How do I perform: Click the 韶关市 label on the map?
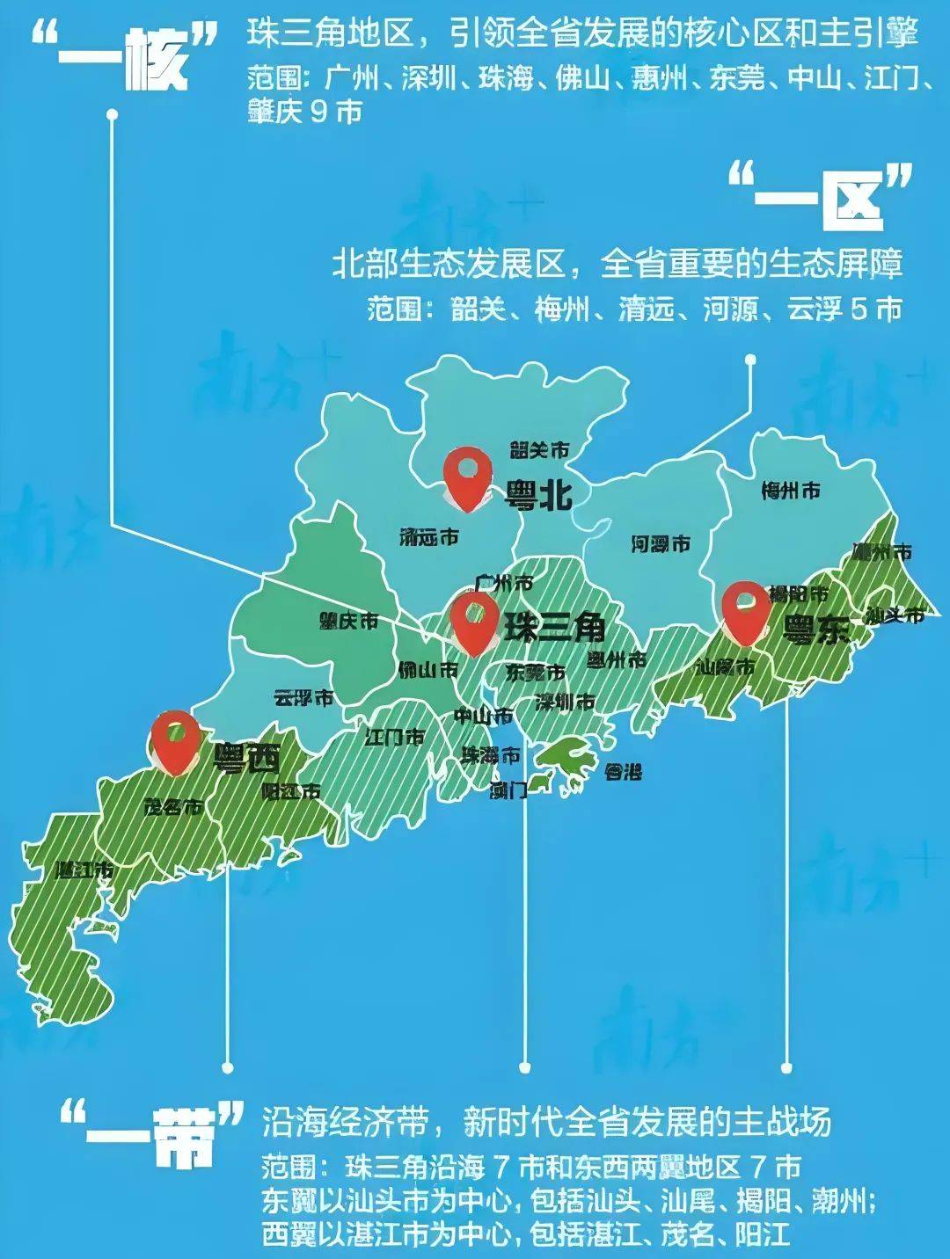[x=539, y=450]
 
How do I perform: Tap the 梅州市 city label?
[x=790, y=491]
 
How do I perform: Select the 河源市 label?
[x=660, y=544]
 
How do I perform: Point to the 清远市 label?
[x=428, y=536]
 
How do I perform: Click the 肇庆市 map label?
[x=348, y=621]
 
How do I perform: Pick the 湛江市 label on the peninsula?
[x=84, y=870]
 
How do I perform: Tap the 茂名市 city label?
[x=173, y=805]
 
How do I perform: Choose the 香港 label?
[x=623, y=772]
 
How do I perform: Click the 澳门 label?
[x=508, y=790]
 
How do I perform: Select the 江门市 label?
[x=394, y=737]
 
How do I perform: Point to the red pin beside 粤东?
[x=746, y=611]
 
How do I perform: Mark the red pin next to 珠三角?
[x=474, y=621]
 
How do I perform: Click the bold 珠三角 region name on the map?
[x=554, y=627]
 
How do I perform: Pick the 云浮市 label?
[x=303, y=699]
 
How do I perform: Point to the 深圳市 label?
[x=565, y=702]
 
